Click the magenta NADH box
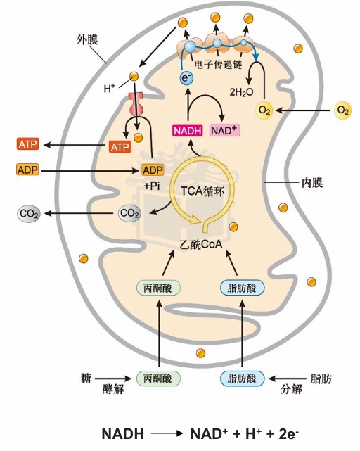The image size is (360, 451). pyautogui.click(x=188, y=131)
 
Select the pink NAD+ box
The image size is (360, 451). pyautogui.click(x=225, y=130)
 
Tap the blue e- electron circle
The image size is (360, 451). pyautogui.click(x=186, y=78)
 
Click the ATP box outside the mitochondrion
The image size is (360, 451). pyautogui.click(x=27, y=144)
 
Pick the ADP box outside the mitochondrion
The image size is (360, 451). pyautogui.click(x=27, y=170)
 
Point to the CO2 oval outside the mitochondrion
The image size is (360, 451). pyautogui.click(x=28, y=214)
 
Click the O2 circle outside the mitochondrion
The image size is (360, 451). pyautogui.click(x=343, y=110)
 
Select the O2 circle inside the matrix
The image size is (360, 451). pyautogui.click(x=264, y=110)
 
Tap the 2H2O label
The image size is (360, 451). pyautogui.click(x=241, y=92)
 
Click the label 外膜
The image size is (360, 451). pyautogui.click(x=87, y=39)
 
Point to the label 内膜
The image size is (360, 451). pyautogui.click(x=312, y=182)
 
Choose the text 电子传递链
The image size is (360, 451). pyautogui.click(x=218, y=64)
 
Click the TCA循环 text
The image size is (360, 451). pyautogui.click(x=202, y=191)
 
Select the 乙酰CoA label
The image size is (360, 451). pyautogui.click(x=201, y=244)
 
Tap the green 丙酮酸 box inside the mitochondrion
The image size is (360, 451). pyautogui.click(x=158, y=288)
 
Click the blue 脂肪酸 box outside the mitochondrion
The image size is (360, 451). pyautogui.click(x=242, y=379)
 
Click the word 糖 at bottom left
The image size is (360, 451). pyautogui.click(x=86, y=378)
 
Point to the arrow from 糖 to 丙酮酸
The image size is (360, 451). pyautogui.click(x=113, y=379)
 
